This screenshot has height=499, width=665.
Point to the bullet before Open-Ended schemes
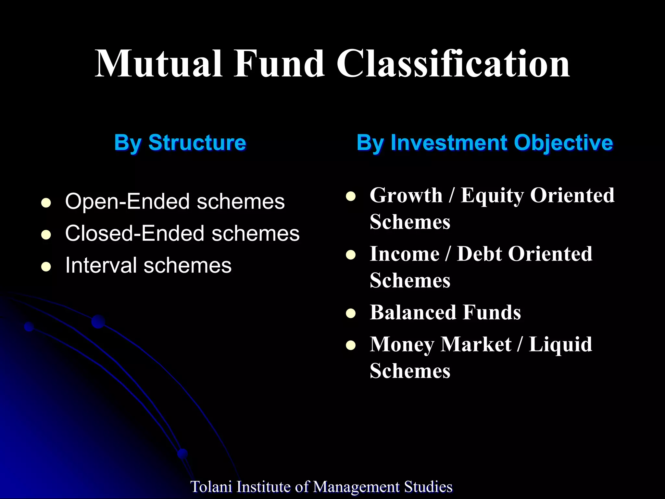46,203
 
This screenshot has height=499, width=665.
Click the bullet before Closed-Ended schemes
46,235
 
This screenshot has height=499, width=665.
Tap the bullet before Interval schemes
46,267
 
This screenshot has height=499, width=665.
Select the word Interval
101,265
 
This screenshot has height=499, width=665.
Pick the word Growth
406,196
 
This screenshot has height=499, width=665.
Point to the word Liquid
560,344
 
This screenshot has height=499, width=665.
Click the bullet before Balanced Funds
351,313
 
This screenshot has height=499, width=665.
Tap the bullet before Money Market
351,345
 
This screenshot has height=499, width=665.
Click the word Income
405,254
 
